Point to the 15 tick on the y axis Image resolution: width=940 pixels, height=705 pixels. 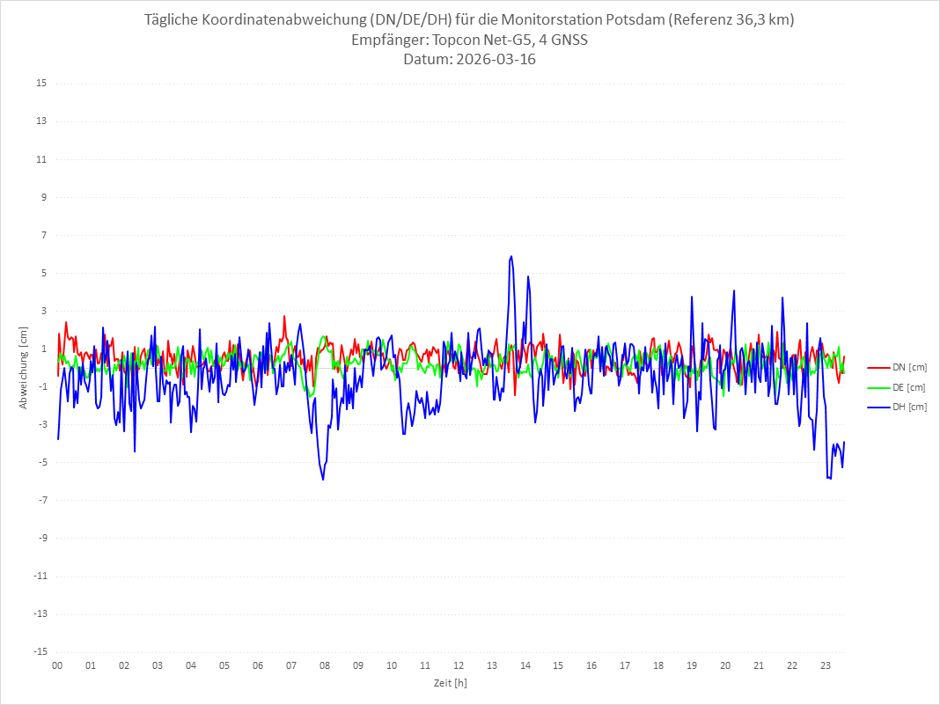click(x=41, y=84)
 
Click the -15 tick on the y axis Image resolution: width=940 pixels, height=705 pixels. click(x=40, y=652)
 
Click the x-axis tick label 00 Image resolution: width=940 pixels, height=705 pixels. click(x=57, y=665)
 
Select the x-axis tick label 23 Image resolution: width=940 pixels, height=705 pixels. click(x=826, y=665)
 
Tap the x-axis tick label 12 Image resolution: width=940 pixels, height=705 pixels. click(x=459, y=665)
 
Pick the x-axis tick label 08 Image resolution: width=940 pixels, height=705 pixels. click(x=325, y=665)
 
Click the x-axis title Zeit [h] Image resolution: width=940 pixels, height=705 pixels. click(x=450, y=683)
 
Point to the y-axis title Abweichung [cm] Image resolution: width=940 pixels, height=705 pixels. click(x=24, y=368)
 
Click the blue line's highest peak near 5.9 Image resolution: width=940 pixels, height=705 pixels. click(x=510, y=256)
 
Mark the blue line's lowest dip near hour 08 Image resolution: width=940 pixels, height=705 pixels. click(x=323, y=480)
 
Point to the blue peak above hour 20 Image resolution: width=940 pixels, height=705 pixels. click(x=733, y=290)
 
